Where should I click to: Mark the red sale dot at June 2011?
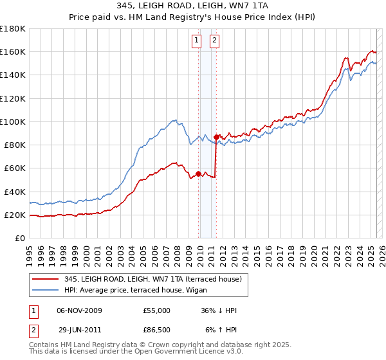coord(217,137)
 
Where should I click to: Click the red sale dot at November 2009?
coord(198,174)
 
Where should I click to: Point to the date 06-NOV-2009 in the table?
coord(79,310)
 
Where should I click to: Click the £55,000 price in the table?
coord(157,310)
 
